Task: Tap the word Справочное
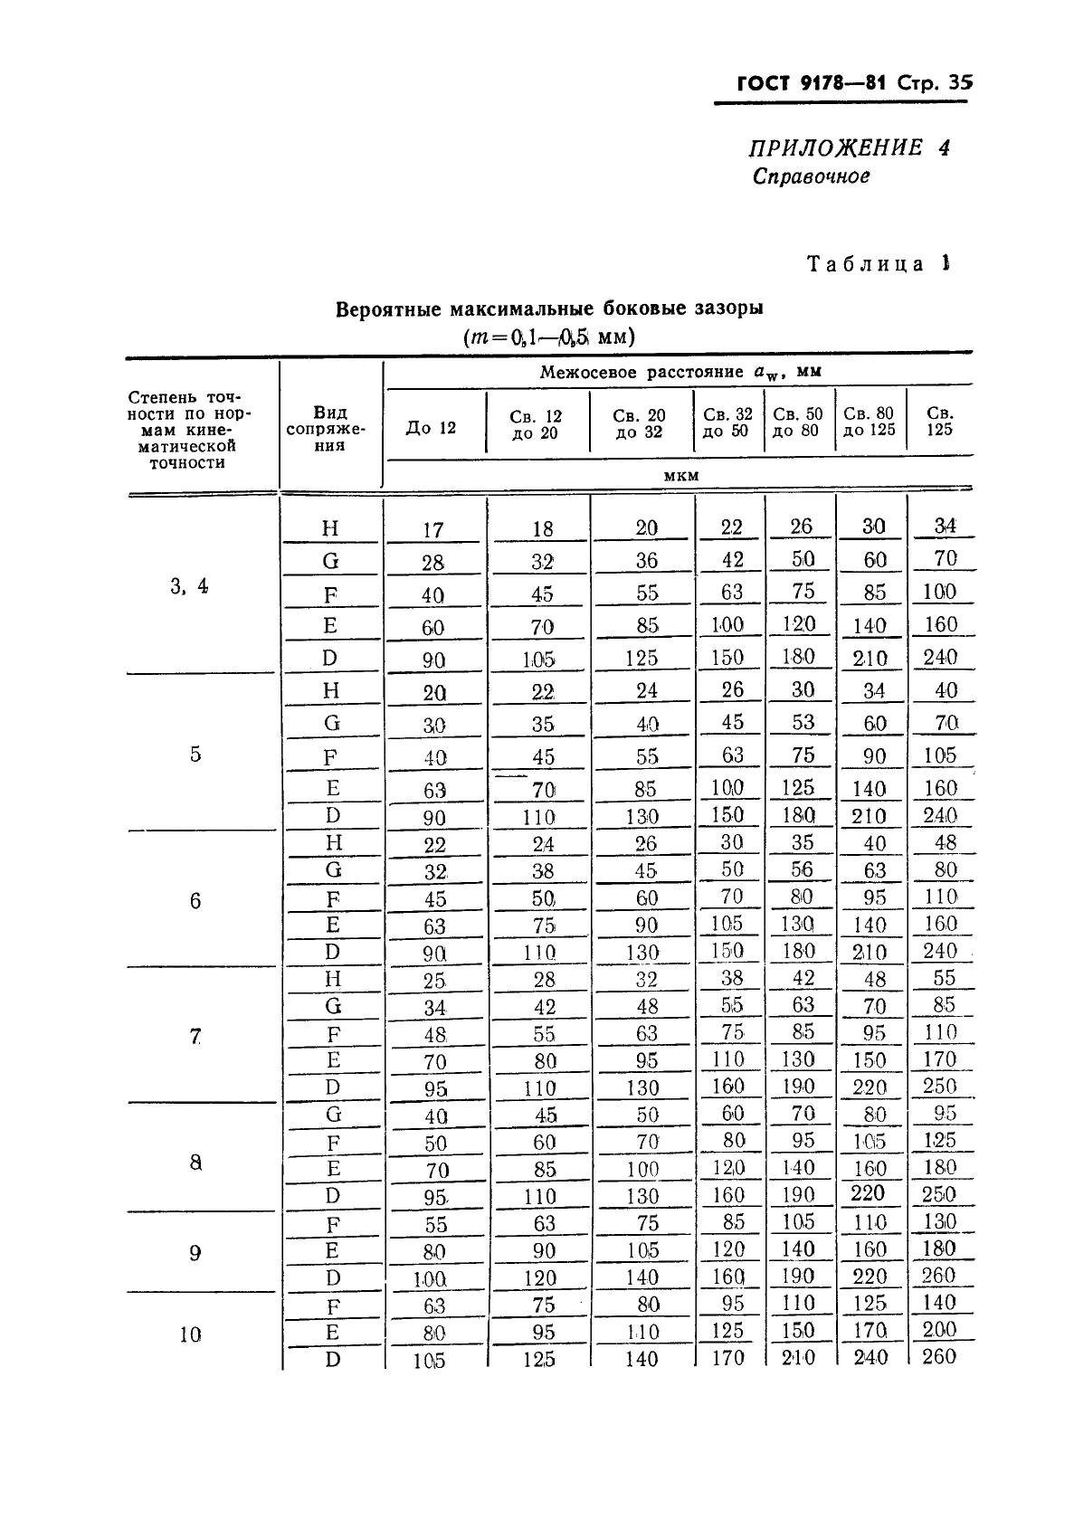point(811,176)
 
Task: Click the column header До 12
point(431,428)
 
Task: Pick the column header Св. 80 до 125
point(869,422)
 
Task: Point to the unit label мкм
point(680,475)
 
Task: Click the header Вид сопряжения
point(329,429)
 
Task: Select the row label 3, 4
point(189,586)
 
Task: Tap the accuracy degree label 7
point(195,1037)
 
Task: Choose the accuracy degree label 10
point(190,1334)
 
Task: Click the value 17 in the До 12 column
point(432,530)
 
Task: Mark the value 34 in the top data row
point(945,526)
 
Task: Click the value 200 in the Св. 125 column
point(940,1329)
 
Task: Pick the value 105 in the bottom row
point(430,1360)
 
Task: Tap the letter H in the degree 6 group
point(333,843)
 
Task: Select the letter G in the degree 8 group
point(333,1115)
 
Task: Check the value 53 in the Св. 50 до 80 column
point(803,722)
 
